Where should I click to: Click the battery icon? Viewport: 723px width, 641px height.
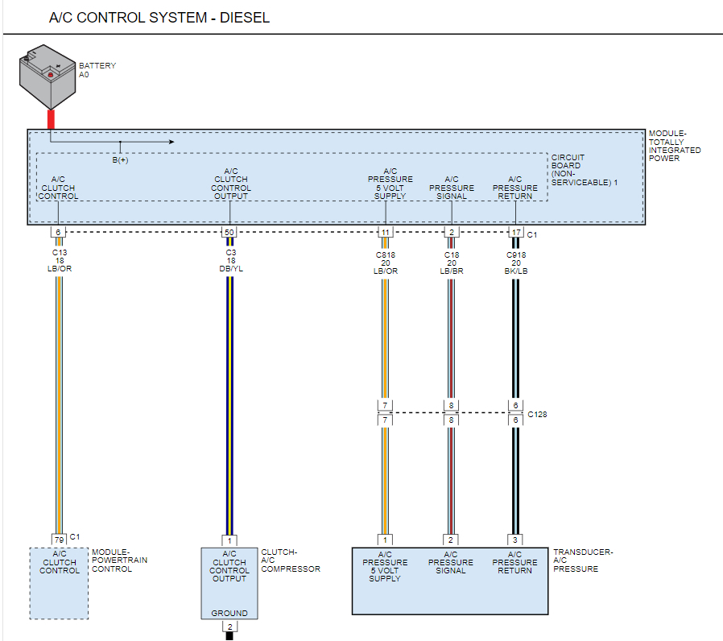tap(47, 78)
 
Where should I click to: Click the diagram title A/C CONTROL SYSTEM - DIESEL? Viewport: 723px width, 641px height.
tap(159, 18)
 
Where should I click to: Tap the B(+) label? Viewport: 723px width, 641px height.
tap(120, 160)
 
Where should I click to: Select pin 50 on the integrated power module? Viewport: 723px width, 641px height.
tap(229, 233)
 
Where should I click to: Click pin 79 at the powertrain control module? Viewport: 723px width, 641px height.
tap(59, 539)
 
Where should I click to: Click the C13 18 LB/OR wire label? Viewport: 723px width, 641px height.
tap(59, 261)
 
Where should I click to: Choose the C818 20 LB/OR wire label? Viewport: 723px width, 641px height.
tap(385, 261)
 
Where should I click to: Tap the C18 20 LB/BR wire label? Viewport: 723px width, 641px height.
tap(451, 261)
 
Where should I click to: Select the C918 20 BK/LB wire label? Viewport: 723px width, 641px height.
tap(515, 261)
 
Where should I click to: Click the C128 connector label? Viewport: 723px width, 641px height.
tap(537, 415)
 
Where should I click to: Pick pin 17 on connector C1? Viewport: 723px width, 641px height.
tap(515, 233)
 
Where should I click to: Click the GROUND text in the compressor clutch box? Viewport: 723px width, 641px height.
tap(229, 613)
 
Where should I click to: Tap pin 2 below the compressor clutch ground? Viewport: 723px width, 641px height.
tap(229, 626)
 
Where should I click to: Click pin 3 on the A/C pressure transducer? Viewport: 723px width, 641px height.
tap(515, 540)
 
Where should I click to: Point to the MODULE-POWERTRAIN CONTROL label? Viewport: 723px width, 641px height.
tap(119, 560)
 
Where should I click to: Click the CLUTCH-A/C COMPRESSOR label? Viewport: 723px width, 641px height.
tap(291, 560)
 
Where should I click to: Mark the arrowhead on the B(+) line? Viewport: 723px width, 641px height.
tap(170, 142)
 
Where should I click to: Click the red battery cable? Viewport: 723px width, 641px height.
tap(52, 119)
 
